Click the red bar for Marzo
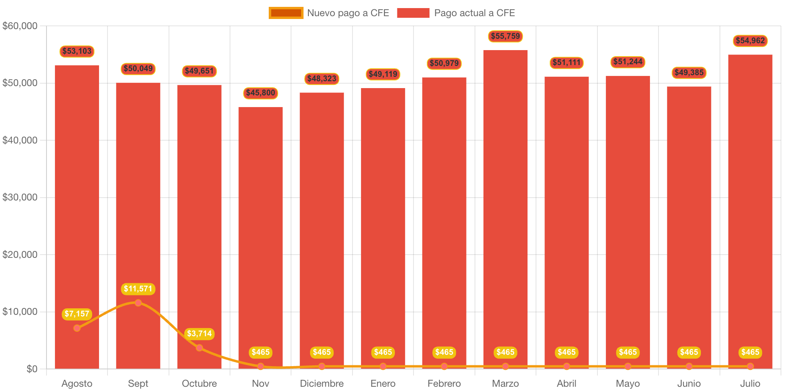pyautogui.click(x=505, y=202)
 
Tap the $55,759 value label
pyautogui.click(x=505, y=36)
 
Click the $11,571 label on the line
pyautogui.click(x=138, y=289)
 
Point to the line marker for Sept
pyautogui.click(x=138, y=303)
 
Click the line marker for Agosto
pyautogui.click(x=77, y=328)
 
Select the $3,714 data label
pyautogui.click(x=199, y=334)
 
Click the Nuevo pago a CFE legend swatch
pyautogui.click(x=286, y=13)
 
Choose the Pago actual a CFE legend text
pyautogui.click(x=474, y=13)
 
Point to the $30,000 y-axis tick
pyautogui.click(x=20, y=197)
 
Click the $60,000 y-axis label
pyautogui.click(x=20, y=26)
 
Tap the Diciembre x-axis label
pyautogui.click(x=321, y=384)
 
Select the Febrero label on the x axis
pyautogui.click(x=444, y=384)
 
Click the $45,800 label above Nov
pyautogui.click(x=260, y=93)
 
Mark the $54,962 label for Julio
pyautogui.click(x=750, y=41)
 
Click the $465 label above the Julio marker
pyautogui.click(x=750, y=352)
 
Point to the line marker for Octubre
pyautogui.click(x=199, y=348)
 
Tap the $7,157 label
pyautogui.click(x=77, y=314)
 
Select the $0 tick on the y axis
pyautogui.click(x=32, y=369)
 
